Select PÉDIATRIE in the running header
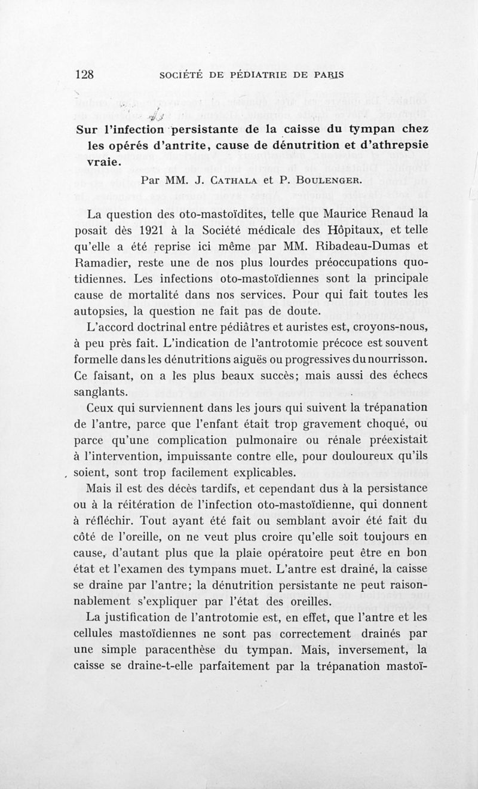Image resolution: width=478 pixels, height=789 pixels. (x=264, y=76)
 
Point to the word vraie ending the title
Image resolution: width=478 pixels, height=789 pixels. (x=95, y=161)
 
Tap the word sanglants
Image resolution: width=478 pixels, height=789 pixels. (x=102, y=393)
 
